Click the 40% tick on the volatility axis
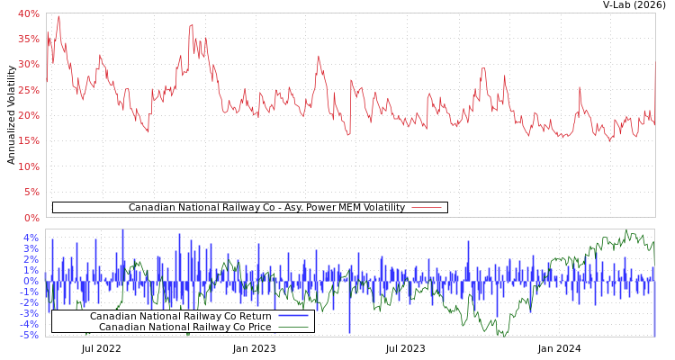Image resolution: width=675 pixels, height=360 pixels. click(28, 13)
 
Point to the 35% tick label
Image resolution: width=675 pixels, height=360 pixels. click(28, 39)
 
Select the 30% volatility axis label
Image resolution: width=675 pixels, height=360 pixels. click(28, 65)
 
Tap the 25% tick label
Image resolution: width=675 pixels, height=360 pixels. click(28, 90)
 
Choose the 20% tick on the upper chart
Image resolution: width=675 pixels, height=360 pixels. click(28, 115)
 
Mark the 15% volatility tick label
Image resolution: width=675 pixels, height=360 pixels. click(28, 141)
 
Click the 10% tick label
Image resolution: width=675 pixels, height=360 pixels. click(28, 166)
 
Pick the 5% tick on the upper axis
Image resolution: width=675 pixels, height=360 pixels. click(31, 192)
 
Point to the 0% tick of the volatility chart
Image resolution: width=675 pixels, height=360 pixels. click(31, 218)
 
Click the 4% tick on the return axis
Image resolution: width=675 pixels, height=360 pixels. click(31, 238)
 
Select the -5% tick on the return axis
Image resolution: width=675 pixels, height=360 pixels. click(29, 335)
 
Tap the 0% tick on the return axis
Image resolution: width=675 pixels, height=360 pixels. click(31, 281)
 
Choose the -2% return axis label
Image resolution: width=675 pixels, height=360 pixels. click(29, 302)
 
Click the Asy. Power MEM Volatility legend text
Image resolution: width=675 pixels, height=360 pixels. click(266, 208)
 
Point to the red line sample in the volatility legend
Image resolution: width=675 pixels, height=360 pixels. click(427, 208)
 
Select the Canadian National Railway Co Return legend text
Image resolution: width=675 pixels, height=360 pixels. click(180, 317)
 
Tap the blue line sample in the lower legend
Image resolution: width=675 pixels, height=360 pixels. click(293, 317)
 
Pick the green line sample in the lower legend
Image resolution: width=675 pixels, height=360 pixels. click(293, 327)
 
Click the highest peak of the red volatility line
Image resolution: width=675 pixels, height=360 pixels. click(58, 15)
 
